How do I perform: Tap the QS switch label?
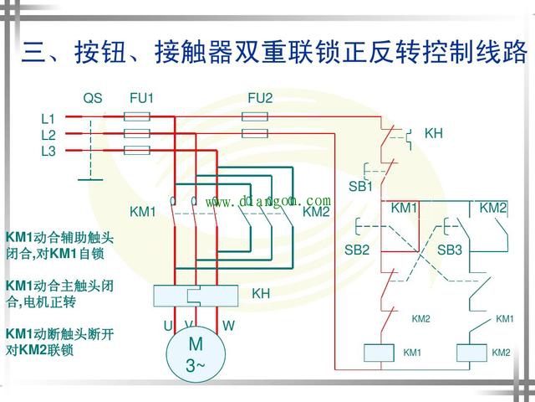point(93,99)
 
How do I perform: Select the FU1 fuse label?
point(141,99)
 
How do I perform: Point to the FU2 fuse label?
point(260,99)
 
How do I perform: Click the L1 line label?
point(48,119)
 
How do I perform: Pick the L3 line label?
point(48,151)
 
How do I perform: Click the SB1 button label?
point(360,186)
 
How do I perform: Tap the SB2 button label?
point(357,250)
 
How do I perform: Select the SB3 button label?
point(450,250)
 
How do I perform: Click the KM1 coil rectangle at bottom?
point(380,353)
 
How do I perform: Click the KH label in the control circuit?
point(434,133)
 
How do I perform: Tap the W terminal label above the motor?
point(228,325)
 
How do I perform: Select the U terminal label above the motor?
point(168,325)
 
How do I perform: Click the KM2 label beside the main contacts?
point(316,212)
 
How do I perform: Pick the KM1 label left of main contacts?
point(143,212)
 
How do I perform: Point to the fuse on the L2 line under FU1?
point(136,133)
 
